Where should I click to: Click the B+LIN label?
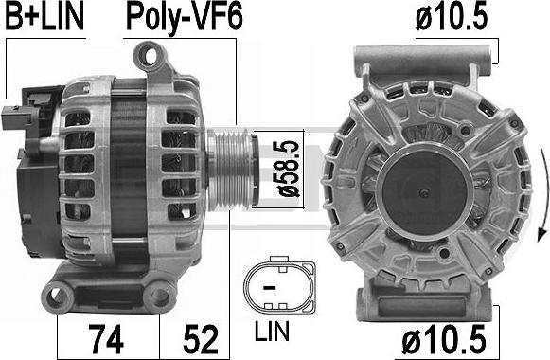point(44,17)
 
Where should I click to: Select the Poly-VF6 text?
point(185,18)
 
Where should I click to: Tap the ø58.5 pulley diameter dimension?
point(289,169)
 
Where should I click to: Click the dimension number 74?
point(106,339)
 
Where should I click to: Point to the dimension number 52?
point(201,339)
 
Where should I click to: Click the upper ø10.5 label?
point(452,17)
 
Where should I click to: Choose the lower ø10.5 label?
point(444,339)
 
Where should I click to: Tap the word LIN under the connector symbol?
point(272,331)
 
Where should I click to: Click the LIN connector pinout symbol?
point(279,282)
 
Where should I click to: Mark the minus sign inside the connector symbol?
point(270,288)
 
